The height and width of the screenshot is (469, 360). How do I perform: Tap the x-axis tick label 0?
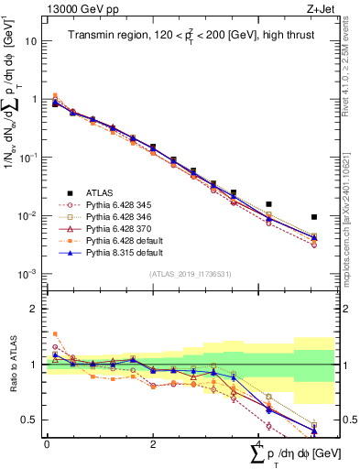tap(47, 443)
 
